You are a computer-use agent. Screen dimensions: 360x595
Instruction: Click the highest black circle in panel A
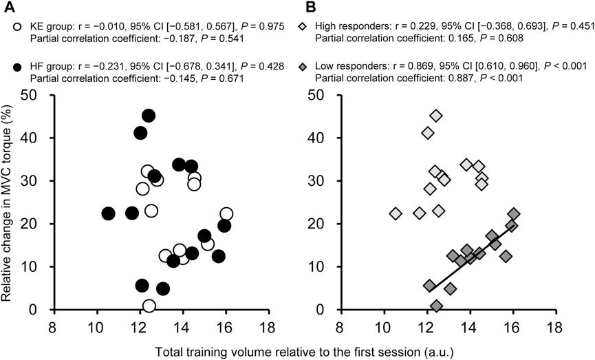coord(149,116)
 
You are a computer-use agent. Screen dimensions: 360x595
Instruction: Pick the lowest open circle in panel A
coord(149,306)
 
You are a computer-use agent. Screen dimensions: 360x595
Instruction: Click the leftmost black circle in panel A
coord(108,213)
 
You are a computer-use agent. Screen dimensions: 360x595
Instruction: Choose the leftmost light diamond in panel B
coord(395,213)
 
